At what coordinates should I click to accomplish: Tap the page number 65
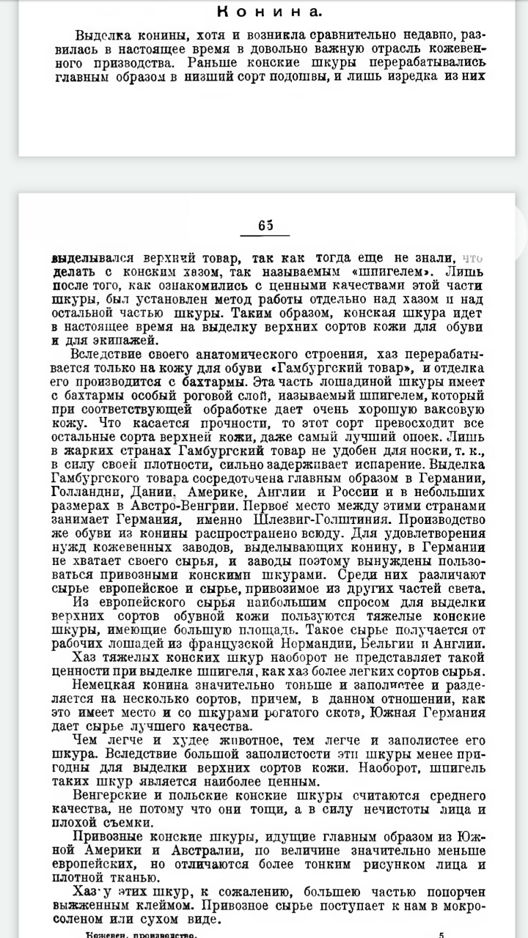tap(265, 226)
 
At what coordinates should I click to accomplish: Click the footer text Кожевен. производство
tap(141, 934)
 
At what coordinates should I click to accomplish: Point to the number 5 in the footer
tap(441, 934)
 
